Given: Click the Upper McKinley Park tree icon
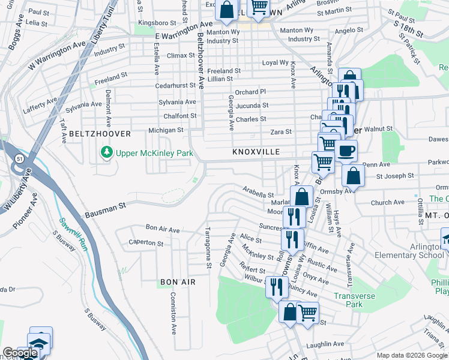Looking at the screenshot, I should coord(107,154).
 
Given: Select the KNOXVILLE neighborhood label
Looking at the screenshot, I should coord(256,152).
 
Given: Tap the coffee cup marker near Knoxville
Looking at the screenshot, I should coord(346,151).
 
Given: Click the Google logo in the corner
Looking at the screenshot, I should coord(20,353).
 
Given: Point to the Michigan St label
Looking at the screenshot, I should coord(166,130).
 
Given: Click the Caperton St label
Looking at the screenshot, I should coord(146,244).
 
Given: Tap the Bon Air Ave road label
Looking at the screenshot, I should coord(163,229).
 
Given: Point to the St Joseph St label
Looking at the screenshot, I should coord(394,176).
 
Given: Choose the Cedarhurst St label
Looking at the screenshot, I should coord(175,86).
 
